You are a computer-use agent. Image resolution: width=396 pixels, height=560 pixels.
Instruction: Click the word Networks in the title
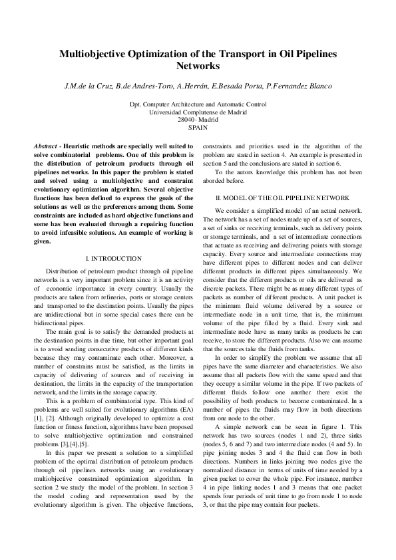(198, 67)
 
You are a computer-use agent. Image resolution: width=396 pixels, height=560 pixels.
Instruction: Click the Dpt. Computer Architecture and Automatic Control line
(198, 104)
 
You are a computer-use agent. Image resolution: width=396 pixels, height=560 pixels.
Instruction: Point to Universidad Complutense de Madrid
(198, 112)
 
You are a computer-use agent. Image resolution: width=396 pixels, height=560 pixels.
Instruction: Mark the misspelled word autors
(242, 172)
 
